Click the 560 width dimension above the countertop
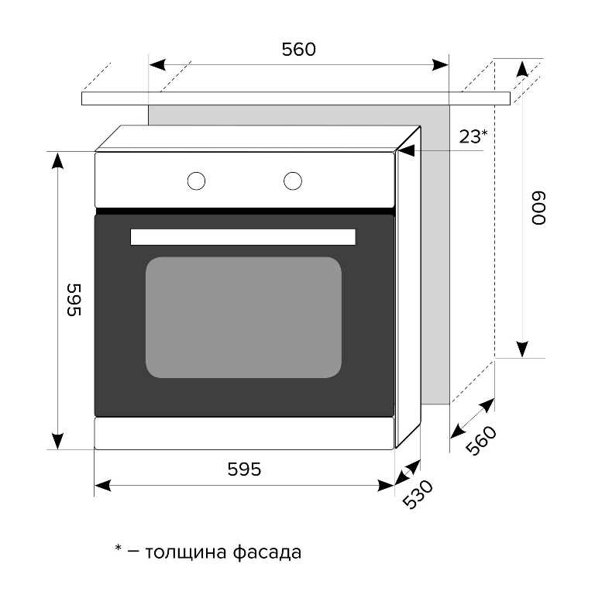pos(298,50)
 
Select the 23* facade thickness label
pos(473,137)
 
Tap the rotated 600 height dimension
pos(538,208)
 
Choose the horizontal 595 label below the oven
pos(244,469)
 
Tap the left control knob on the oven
pos(196,181)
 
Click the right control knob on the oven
pos(292,181)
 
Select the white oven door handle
pos(242,237)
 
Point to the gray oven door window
pos(243,318)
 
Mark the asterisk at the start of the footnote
pos(119,549)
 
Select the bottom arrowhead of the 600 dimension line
pos(523,349)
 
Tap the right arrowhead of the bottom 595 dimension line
pos(385,486)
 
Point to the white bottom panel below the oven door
pos(243,434)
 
